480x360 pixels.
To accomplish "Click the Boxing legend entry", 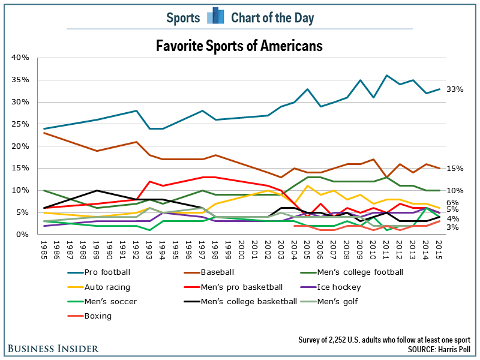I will coord(97,316).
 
